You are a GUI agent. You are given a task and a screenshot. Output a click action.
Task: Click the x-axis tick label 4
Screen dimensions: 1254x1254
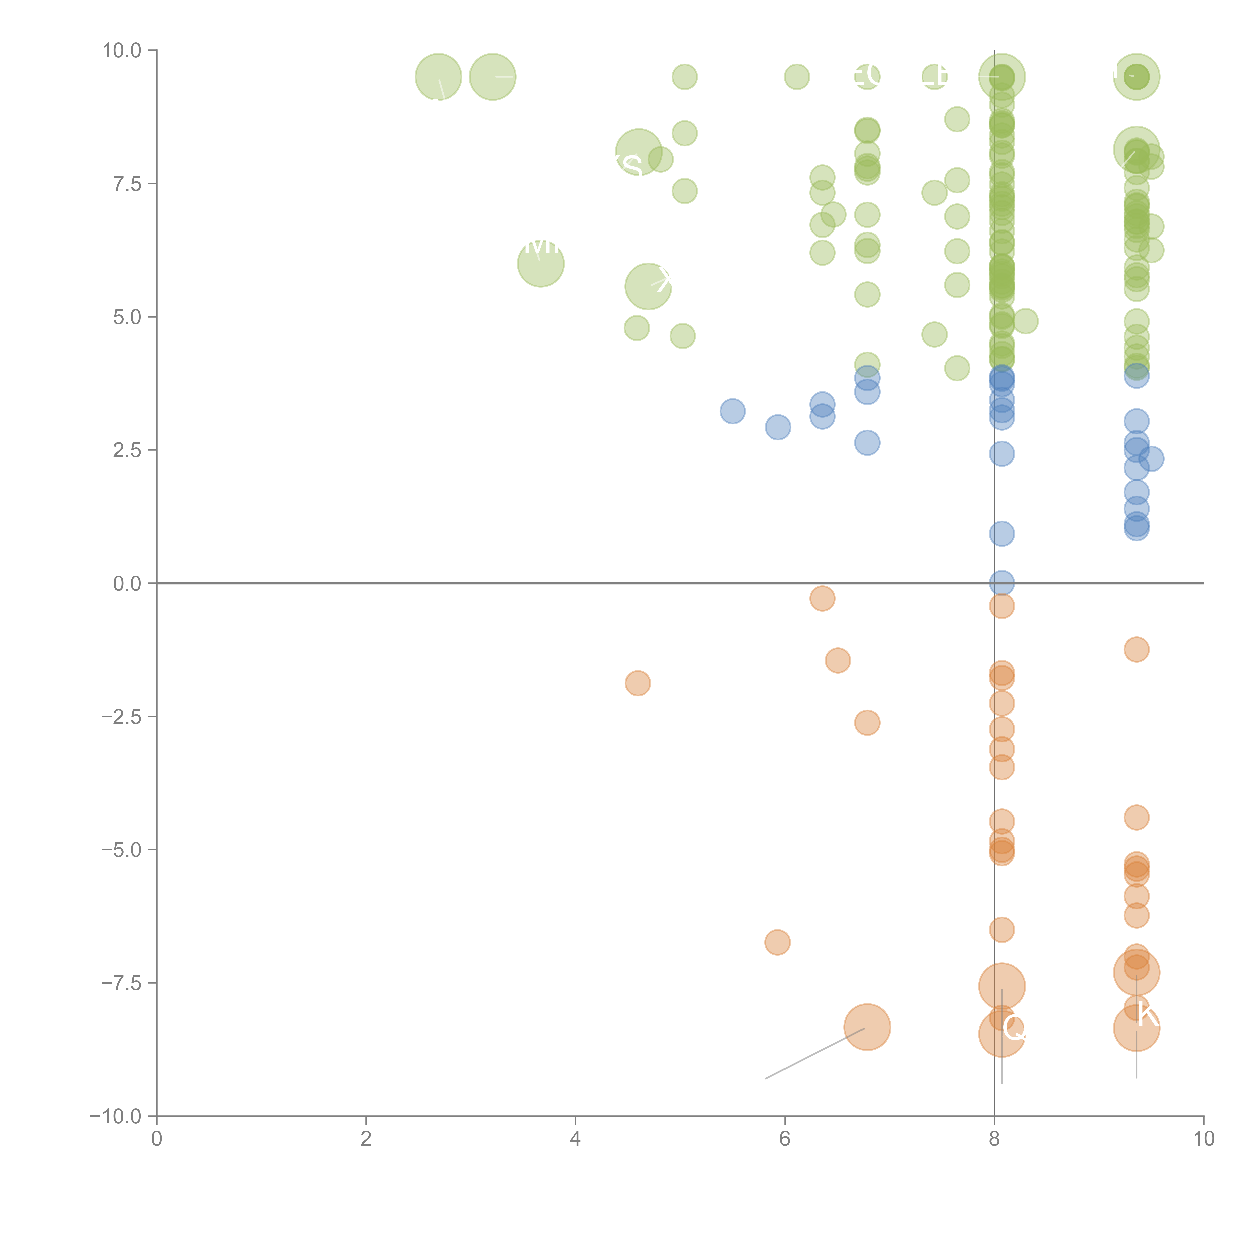point(575,1139)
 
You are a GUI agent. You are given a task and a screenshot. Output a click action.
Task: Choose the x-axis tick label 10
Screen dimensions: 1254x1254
point(1203,1139)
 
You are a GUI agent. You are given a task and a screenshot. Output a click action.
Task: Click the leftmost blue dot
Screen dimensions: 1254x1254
point(732,411)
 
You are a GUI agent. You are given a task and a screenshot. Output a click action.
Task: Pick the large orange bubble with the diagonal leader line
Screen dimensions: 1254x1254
point(867,1027)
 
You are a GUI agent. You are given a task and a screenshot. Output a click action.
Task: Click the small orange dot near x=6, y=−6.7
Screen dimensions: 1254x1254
point(777,942)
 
